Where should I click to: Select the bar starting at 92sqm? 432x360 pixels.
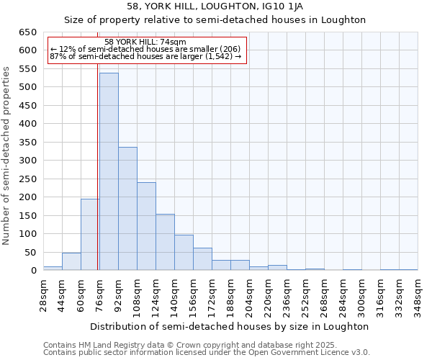point(127,209)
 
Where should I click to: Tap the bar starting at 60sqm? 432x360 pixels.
point(90,235)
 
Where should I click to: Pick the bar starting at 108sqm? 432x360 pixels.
point(146,226)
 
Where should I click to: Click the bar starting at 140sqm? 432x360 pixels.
point(184,253)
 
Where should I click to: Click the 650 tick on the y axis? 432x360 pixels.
point(27,32)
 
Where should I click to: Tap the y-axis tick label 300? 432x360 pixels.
point(27,161)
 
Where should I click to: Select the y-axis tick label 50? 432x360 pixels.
point(30,253)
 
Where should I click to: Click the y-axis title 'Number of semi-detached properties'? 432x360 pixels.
point(7,156)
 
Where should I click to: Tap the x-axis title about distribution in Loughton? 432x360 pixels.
point(230,326)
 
